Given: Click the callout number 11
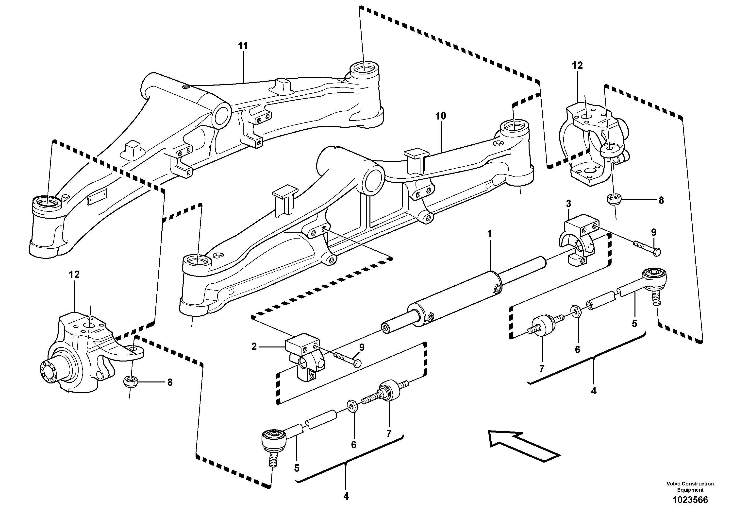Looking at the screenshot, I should pos(243,46).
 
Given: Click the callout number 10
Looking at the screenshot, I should pos(441,116).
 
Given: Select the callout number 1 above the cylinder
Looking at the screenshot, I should pos(489,234).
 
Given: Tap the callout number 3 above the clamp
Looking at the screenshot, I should pos(568,204).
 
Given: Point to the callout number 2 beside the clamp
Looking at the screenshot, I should pos(254,346).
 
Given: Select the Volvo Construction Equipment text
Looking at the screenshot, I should pos(690,487).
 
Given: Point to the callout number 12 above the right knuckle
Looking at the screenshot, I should pos(577,66).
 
